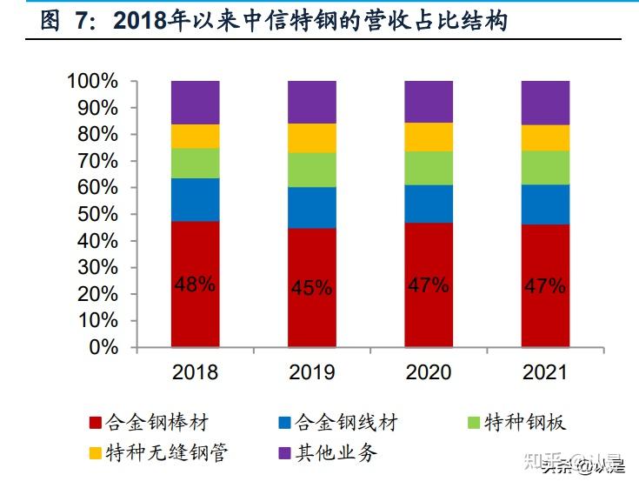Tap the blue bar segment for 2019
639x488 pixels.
pos(312,207)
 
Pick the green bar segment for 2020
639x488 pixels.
pos(429,168)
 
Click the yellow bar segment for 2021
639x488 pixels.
pos(545,137)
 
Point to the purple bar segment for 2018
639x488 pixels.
pos(195,102)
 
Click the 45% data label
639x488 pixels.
pos(312,288)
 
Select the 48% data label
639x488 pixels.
pos(195,284)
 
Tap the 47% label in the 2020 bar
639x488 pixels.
pos(429,284)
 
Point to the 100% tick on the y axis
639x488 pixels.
pos(91,82)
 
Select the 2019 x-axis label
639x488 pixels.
pos(312,373)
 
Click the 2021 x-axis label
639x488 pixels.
pos(545,373)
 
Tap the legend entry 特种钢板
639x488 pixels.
pos(527,424)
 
